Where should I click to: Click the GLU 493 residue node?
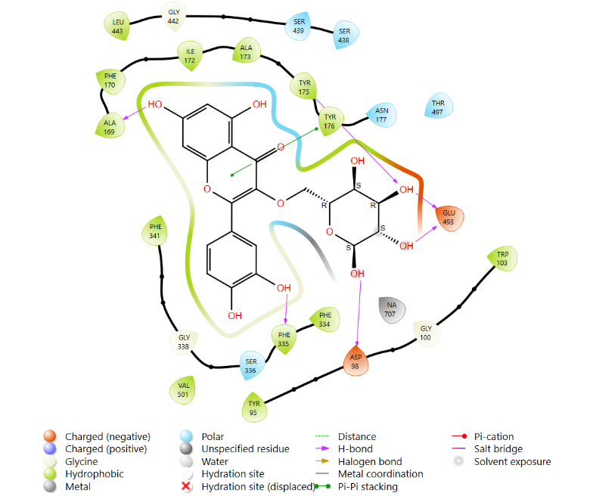coord(449,218)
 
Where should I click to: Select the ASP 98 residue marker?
coord(356,361)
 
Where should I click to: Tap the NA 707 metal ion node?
coord(392,309)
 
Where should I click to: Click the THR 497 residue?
coord(439,107)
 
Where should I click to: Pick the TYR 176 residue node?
coord(330,121)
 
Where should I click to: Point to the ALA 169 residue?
coord(110,126)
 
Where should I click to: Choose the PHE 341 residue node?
coord(154,231)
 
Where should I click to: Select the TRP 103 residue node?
coord(502,259)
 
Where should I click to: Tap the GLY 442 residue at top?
coord(173,17)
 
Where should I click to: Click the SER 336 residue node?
coord(251,365)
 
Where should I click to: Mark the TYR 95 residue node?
coord(254,408)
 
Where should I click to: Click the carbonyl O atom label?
coord(281,147)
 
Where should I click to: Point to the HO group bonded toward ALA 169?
coord(155,104)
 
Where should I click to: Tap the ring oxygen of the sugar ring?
coord(330,231)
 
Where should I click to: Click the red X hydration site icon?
coord(186,486)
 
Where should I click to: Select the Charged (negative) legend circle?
coord(50,436)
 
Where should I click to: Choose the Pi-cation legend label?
coord(494,436)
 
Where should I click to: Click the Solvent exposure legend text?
coord(513,461)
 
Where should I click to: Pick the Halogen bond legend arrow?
coord(322,461)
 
